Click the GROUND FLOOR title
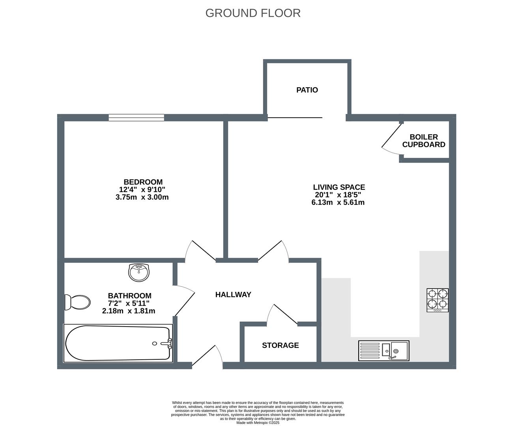click(x=253, y=13)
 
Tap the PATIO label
click(x=307, y=90)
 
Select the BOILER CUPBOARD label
click(x=424, y=141)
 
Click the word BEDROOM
click(x=143, y=182)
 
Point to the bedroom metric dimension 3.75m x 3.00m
click(x=142, y=197)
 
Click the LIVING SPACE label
click(x=339, y=187)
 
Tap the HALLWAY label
click(x=233, y=295)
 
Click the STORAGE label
click(x=280, y=346)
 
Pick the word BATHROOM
click(x=129, y=296)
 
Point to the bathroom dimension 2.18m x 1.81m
click(x=129, y=311)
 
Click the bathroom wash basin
click(x=139, y=272)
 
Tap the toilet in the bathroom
click(x=78, y=302)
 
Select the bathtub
click(x=118, y=343)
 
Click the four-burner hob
click(x=438, y=300)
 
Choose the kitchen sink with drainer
click(x=384, y=350)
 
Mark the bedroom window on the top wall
click(x=137, y=117)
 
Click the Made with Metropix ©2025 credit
click(x=258, y=422)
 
